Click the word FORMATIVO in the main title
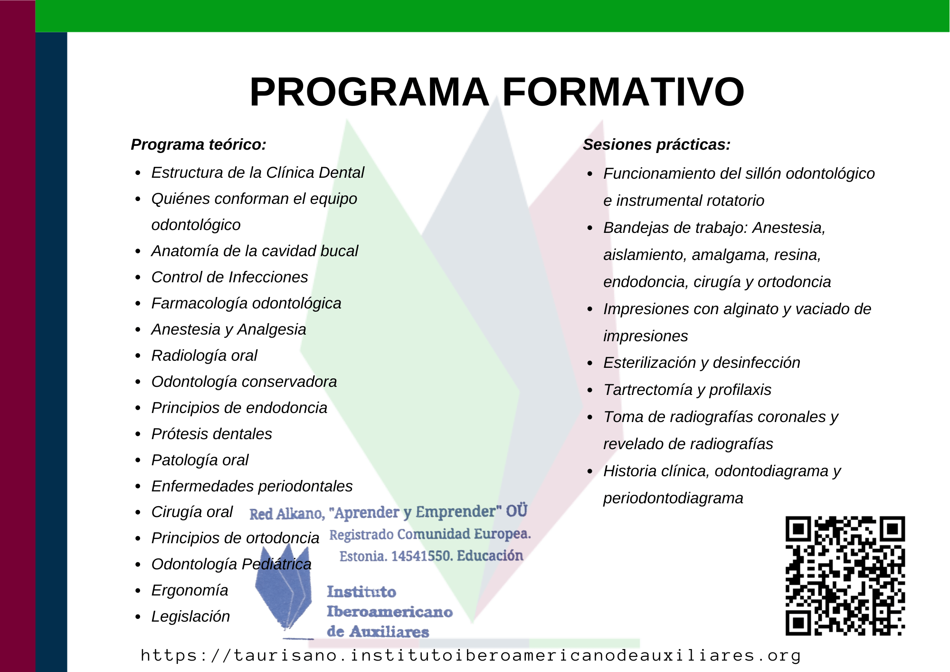[623, 92]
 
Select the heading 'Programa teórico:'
[199, 144]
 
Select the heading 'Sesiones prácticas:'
[656, 144]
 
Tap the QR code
[845, 576]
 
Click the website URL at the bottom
[471, 655]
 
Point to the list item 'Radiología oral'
[204, 355]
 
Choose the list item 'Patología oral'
[200, 460]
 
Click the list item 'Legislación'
[190, 616]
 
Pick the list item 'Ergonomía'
[190, 590]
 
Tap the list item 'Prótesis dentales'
[211, 434]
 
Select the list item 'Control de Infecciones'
[229, 277]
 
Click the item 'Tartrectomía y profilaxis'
[687, 390]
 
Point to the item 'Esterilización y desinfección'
[702, 363]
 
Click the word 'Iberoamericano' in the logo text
[389, 612]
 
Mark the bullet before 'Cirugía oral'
[138, 513]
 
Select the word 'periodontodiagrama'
[673, 498]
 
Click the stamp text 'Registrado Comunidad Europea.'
[430, 535]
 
